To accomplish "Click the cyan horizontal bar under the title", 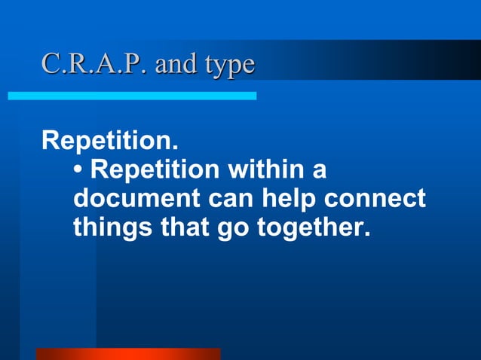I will click(132, 96).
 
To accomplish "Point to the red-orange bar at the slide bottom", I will click(128, 354).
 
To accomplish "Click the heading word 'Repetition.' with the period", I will click(110, 141).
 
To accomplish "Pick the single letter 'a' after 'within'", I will click(319, 171).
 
